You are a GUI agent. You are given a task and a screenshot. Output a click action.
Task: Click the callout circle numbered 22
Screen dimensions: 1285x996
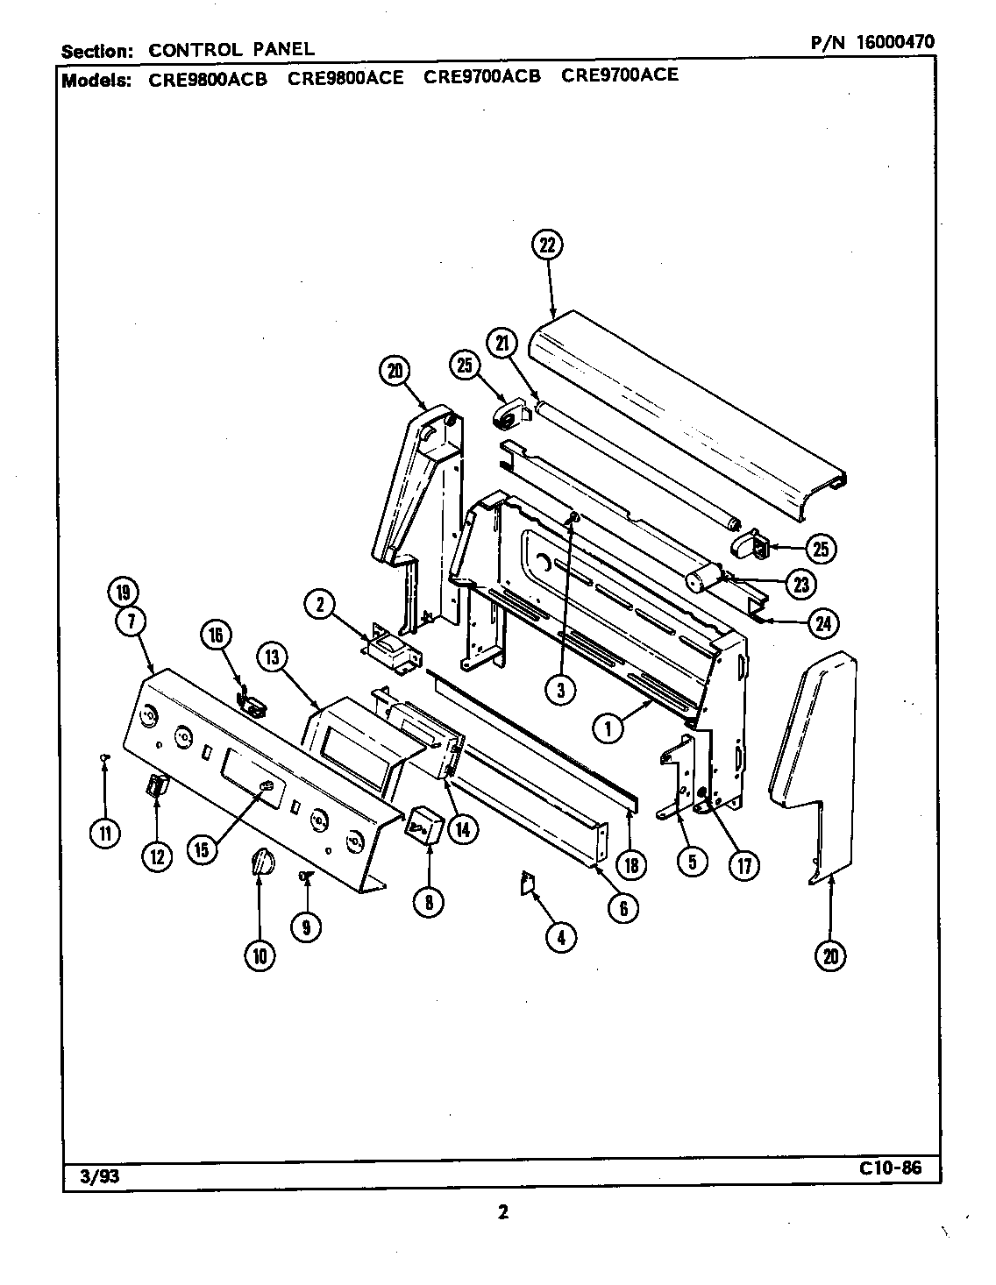click(x=546, y=245)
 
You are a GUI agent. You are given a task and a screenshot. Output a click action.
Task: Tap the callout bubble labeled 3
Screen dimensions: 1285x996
click(x=560, y=690)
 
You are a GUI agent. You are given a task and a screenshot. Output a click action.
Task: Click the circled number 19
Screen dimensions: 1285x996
click(x=122, y=593)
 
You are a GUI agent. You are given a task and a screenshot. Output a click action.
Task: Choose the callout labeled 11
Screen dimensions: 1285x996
click(x=105, y=834)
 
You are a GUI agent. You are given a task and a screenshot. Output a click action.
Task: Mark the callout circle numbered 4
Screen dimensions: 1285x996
click(x=561, y=937)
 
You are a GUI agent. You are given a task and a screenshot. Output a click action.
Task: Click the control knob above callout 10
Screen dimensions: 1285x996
click(x=260, y=863)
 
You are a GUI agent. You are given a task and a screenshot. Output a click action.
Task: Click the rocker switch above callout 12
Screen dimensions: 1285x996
click(x=155, y=786)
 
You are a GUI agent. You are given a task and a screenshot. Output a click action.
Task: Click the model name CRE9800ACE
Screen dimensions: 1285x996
click(x=345, y=77)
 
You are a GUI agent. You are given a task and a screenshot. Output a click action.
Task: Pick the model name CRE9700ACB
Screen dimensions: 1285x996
click(x=482, y=76)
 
